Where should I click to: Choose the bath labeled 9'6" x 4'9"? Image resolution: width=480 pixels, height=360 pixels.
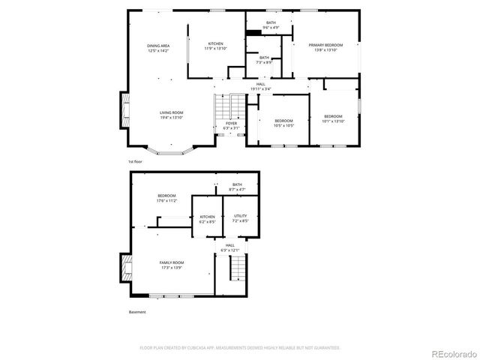(271, 25)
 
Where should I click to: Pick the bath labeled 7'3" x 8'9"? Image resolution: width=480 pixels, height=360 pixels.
(264, 60)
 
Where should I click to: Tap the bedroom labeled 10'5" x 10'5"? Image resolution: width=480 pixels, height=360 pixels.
(283, 123)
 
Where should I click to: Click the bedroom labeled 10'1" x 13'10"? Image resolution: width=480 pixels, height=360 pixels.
(333, 118)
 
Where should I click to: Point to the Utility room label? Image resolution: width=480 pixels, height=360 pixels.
(239, 218)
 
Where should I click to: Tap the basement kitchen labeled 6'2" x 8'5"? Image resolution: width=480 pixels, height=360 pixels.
(207, 218)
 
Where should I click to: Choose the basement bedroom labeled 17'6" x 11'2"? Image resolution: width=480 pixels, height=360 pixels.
(166, 198)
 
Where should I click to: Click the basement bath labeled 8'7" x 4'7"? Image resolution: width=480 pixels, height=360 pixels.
(237, 187)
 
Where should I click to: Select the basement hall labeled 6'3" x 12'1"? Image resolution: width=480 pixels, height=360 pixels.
(229, 247)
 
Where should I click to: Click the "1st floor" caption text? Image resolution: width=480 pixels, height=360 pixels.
(135, 161)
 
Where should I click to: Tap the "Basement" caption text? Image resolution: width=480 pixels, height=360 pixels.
(136, 312)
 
